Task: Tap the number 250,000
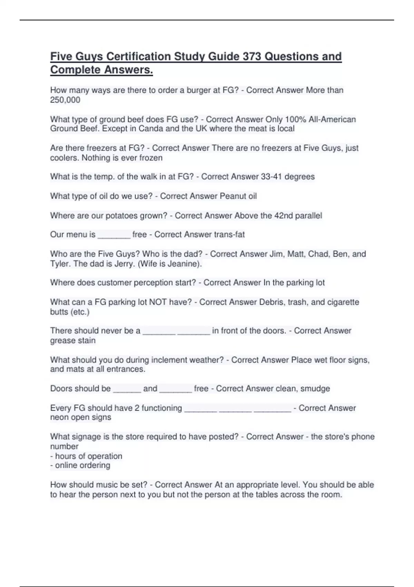(x=65, y=100)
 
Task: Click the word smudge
(x=315, y=389)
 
